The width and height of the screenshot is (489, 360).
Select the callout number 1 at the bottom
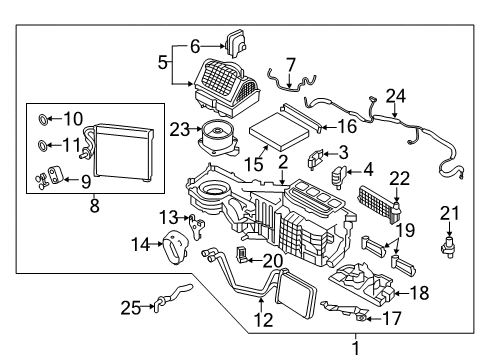click(352, 347)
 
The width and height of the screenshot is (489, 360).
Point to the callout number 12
click(262, 320)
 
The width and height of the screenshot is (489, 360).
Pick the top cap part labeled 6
click(238, 42)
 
